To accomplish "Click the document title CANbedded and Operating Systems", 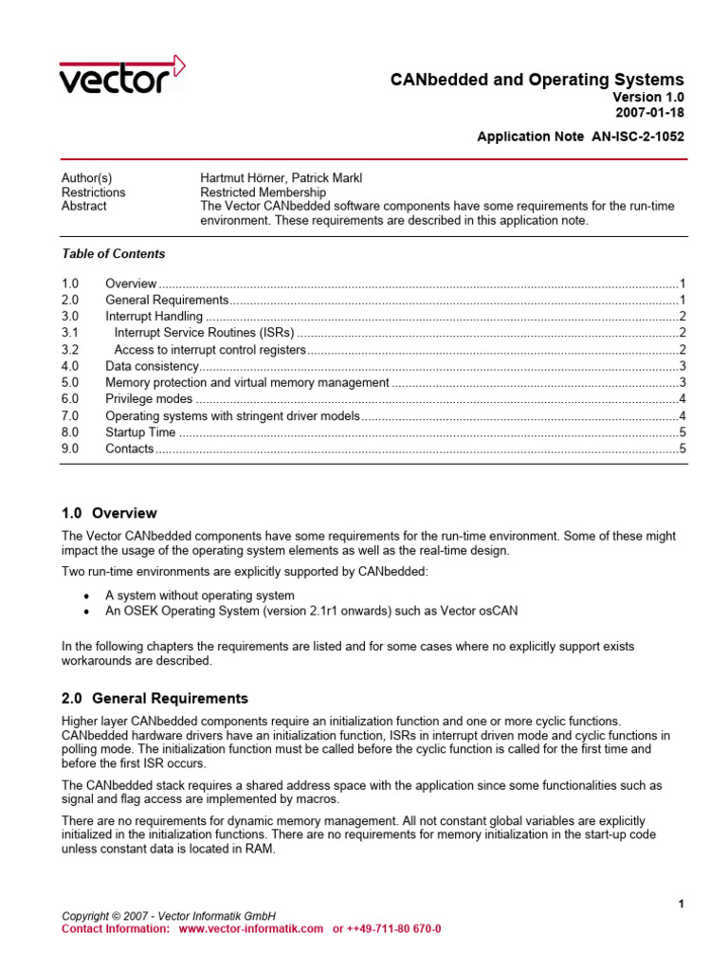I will [537, 80].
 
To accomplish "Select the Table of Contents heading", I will [113, 254].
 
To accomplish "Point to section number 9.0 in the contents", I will [70, 449].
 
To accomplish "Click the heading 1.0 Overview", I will [109, 513].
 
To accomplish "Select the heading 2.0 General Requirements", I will [155, 698].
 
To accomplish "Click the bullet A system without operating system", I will [200, 595].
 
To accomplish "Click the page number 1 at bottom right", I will [681, 904].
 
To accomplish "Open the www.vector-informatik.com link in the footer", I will [250, 929].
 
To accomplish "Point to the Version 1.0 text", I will [647, 97].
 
